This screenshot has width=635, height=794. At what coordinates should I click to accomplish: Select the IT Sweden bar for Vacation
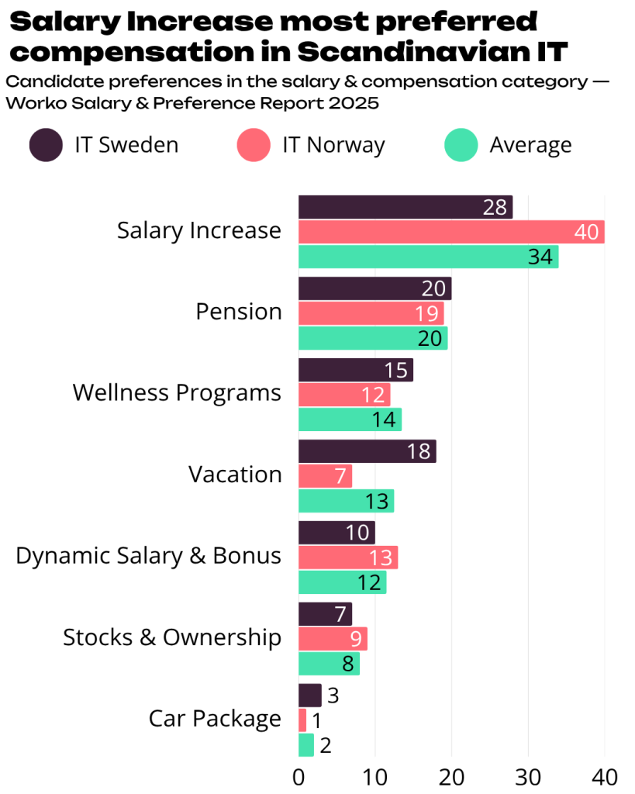pyautogui.click(x=367, y=451)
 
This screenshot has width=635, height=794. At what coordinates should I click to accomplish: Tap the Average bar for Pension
pyautogui.click(x=373, y=338)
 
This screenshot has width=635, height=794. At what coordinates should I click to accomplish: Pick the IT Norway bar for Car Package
pyautogui.click(x=302, y=720)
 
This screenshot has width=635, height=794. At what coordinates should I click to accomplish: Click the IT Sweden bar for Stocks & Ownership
pyautogui.click(x=325, y=614)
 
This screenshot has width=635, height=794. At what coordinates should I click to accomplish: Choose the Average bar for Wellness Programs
pyautogui.click(x=350, y=419)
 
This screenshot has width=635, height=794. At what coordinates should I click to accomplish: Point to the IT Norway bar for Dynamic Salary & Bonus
pyautogui.click(x=348, y=558)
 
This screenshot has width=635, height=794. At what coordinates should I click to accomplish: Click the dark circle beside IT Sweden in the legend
pyautogui.click(x=46, y=145)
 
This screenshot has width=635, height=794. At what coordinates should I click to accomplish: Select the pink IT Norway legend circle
pyautogui.click(x=253, y=145)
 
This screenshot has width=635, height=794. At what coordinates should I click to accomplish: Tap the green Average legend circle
pyautogui.click(x=460, y=145)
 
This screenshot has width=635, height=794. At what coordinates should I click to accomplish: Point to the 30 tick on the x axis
pyautogui.click(x=528, y=776)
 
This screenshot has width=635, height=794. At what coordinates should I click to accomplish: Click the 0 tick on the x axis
pyautogui.click(x=299, y=776)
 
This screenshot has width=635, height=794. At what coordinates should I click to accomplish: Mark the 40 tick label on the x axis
pyautogui.click(x=605, y=776)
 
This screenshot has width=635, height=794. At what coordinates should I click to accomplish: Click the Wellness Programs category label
pyautogui.click(x=177, y=392)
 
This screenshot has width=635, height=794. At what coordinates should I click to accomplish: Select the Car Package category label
pyautogui.click(x=215, y=719)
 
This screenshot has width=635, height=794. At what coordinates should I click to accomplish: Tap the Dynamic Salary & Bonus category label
pyautogui.click(x=148, y=556)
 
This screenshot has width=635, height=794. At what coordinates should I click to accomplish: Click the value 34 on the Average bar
pyautogui.click(x=540, y=257)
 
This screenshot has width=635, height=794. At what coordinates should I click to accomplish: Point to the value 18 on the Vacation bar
pyautogui.click(x=419, y=451)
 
